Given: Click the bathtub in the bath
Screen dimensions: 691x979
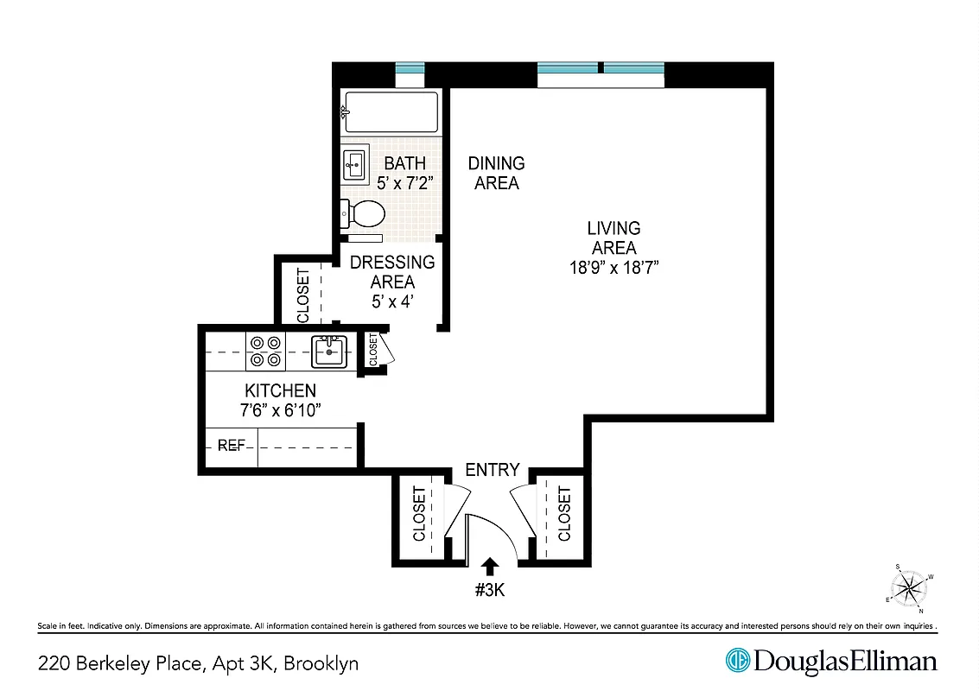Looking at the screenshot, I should (391, 112).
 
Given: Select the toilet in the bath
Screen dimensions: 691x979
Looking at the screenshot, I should (364, 212).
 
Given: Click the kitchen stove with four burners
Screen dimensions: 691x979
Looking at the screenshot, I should (265, 351).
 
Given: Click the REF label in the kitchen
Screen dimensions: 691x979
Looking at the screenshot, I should (231, 446).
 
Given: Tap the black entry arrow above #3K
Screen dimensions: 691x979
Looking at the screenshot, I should (490, 566).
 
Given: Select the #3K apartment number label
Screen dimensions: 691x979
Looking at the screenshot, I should (490, 592).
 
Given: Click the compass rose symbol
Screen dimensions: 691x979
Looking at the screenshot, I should (909, 590).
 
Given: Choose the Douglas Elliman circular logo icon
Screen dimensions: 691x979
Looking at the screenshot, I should (737, 662).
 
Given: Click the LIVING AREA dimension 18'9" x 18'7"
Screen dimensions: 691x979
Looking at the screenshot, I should (613, 268).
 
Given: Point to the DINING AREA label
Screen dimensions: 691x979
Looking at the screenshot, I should (496, 173).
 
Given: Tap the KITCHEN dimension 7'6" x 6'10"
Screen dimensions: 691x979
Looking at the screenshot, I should (280, 410).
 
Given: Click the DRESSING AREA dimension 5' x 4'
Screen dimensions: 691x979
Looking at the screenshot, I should (392, 302).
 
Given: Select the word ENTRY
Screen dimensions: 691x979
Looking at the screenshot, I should (492, 470).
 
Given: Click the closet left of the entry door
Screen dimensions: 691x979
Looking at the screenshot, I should (419, 515).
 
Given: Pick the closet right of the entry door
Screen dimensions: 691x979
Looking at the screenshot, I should (563, 515).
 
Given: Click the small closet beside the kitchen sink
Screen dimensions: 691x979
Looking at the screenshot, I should (374, 350).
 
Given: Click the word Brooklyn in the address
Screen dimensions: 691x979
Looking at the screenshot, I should (321, 663).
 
